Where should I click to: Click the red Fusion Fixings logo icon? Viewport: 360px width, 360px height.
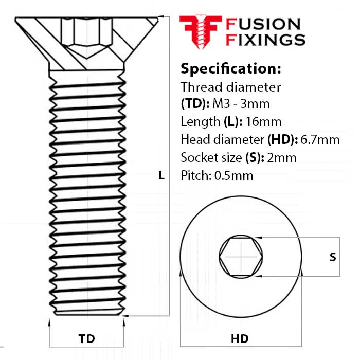click(x=200, y=32)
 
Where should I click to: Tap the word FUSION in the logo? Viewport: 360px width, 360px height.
click(x=263, y=24)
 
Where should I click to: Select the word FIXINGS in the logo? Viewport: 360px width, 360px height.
click(x=266, y=40)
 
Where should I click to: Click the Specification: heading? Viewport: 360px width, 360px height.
click(x=231, y=68)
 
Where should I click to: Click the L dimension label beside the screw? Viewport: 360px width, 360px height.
click(x=161, y=176)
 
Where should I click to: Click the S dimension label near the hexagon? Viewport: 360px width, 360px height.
click(x=333, y=257)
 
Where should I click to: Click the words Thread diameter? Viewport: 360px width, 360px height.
click(x=231, y=86)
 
